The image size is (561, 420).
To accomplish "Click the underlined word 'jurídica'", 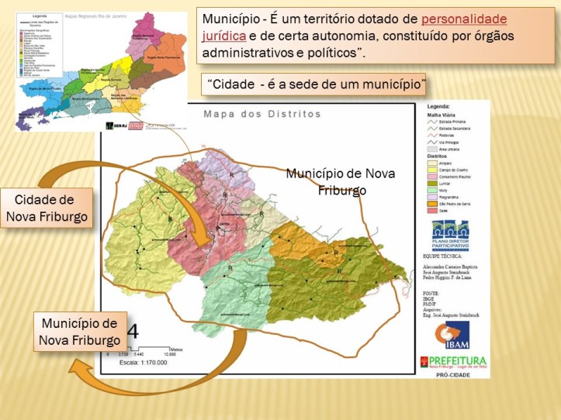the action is tap(223, 36).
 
